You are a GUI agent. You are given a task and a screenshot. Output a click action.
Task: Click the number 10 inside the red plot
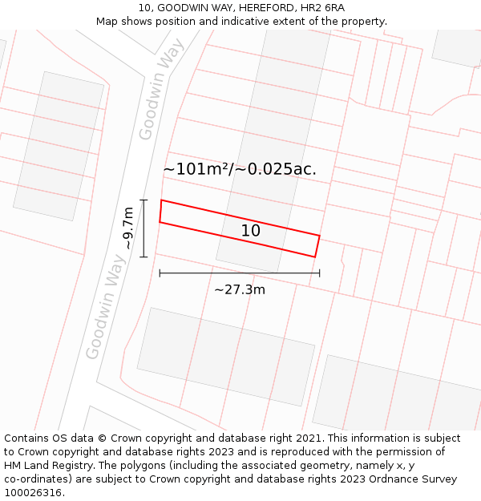[250, 231]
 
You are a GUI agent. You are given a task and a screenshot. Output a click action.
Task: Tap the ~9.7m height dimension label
[127, 228]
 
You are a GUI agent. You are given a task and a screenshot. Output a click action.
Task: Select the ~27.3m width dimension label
[239, 289]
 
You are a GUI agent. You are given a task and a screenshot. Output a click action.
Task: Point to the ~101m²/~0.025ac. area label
[239, 169]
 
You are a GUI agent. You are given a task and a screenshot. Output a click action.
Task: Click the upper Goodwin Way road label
[161, 95]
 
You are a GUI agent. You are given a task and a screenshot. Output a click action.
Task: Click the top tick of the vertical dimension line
[143, 200]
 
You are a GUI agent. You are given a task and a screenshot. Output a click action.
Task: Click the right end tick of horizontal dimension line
[319, 273]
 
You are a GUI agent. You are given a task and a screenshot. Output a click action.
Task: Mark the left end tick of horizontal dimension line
[160, 273]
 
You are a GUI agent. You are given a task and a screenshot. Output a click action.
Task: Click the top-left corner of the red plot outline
[161, 200]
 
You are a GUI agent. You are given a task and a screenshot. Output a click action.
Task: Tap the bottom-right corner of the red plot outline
[315, 257]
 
